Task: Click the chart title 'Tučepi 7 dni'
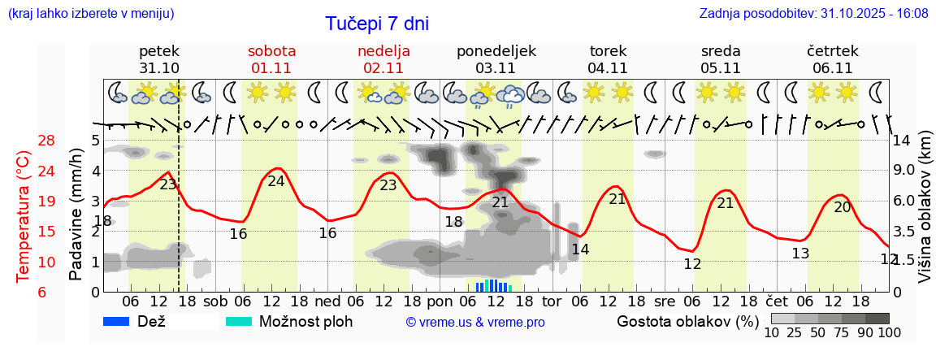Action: pyautogui.click(x=377, y=24)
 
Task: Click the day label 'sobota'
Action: pyautogui.click(x=271, y=50)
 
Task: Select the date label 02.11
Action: pyautogui.click(x=383, y=67)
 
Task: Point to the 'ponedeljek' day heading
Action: pyautogui.click(x=496, y=50)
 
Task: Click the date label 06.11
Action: pyautogui.click(x=832, y=67)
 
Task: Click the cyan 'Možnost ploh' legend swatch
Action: pyautogui.click(x=239, y=321)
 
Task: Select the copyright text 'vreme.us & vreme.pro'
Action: pyautogui.click(x=475, y=322)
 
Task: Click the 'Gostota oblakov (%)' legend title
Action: pyautogui.click(x=682, y=321)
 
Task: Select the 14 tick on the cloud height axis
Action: pyautogui.click(x=903, y=140)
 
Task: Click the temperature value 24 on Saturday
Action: pyautogui.click(x=276, y=181)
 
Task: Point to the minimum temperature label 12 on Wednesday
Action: pyautogui.click(x=692, y=264)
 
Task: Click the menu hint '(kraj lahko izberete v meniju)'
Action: pyautogui.click(x=90, y=13)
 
